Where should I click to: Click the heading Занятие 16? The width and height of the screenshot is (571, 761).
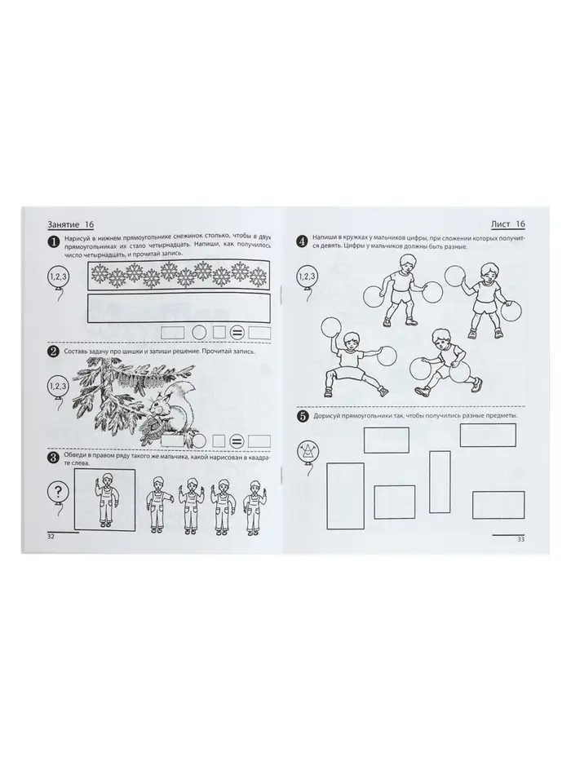(70, 224)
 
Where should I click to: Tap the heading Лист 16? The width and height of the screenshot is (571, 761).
(508, 223)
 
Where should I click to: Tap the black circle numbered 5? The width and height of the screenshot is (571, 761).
(303, 416)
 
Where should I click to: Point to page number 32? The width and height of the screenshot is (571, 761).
(51, 537)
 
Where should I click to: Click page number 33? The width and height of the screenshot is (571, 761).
(520, 538)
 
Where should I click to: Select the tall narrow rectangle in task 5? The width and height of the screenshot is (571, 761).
(440, 481)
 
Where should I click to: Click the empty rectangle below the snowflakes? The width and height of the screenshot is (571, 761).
(179, 307)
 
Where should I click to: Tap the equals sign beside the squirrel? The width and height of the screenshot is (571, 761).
(236, 441)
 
